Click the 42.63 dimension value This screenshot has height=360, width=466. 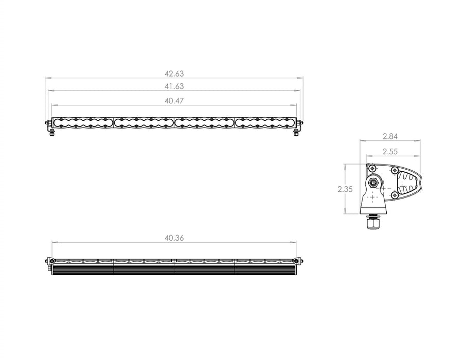[174, 74]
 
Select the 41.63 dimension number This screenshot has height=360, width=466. [174, 86]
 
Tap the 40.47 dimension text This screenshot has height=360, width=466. [174, 101]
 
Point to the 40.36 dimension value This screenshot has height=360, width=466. [174, 238]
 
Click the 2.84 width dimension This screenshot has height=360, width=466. [390, 137]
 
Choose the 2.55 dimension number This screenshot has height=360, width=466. [390, 151]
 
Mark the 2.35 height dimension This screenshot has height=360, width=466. [345, 189]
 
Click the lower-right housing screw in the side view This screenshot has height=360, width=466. [395, 195]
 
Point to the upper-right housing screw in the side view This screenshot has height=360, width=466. [395, 170]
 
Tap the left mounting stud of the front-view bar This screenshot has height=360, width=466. [51, 133]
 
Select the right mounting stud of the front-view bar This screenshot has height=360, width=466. [296, 133]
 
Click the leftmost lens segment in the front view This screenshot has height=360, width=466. [83, 122]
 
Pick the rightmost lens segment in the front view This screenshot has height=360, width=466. [265, 122]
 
